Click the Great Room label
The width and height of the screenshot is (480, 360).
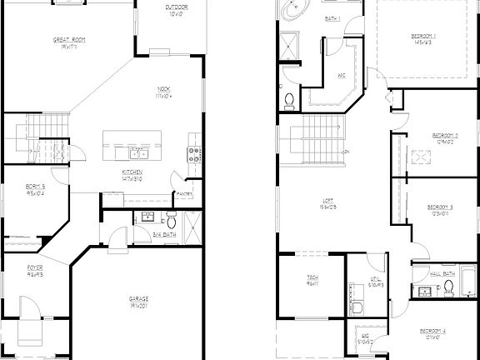(69, 39)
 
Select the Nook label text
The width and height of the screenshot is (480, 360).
(164, 90)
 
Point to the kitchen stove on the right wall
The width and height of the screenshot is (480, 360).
(193, 154)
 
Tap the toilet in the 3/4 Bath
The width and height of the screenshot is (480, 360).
(170, 222)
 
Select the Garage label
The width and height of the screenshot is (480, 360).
(138, 297)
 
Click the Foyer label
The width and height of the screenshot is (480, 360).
(34, 270)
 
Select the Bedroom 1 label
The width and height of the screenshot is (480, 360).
(423, 36)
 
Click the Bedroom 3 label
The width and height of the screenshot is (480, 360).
(439, 207)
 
